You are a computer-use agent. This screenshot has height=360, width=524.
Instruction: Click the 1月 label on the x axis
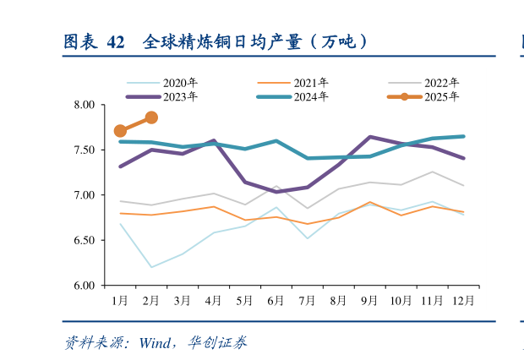(120, 300)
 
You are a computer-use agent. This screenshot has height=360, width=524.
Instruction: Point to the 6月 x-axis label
(276, 300)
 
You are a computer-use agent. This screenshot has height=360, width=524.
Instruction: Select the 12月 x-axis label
(462, 300)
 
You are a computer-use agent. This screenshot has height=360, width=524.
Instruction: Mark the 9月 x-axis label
(368, 300)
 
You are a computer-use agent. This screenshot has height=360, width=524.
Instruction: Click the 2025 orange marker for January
(120, 131)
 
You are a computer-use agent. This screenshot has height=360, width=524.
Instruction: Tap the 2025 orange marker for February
(151, 117)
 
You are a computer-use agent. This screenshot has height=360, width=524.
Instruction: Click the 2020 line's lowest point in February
(151, 267)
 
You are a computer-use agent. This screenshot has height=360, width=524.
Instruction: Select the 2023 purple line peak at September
(369, 137)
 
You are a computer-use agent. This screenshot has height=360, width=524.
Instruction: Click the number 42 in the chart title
(117, 41)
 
